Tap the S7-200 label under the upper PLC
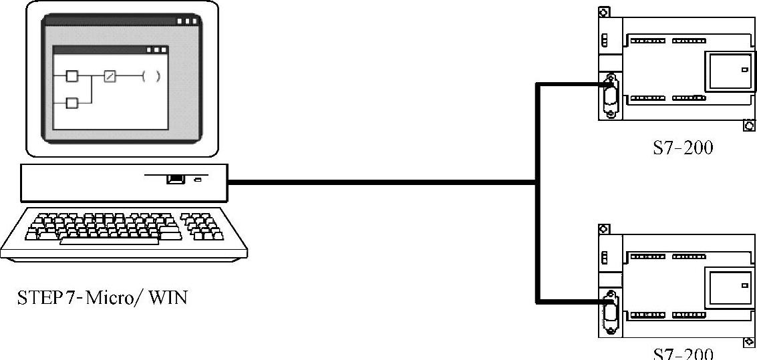(682, 148)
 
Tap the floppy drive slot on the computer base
(175, 178)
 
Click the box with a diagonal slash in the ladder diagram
(110, 76)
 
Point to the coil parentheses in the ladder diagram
(151, 76)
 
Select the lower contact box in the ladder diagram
(72, 102)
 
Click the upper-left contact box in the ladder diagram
(72, 76)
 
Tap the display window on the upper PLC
(730, 70)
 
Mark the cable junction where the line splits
(536, 182)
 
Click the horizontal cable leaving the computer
(381, 182)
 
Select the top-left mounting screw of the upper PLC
(604, 12)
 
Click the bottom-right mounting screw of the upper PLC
(749, 126)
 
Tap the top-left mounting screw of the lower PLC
(604, 228)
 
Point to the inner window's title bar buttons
(157, 50)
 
